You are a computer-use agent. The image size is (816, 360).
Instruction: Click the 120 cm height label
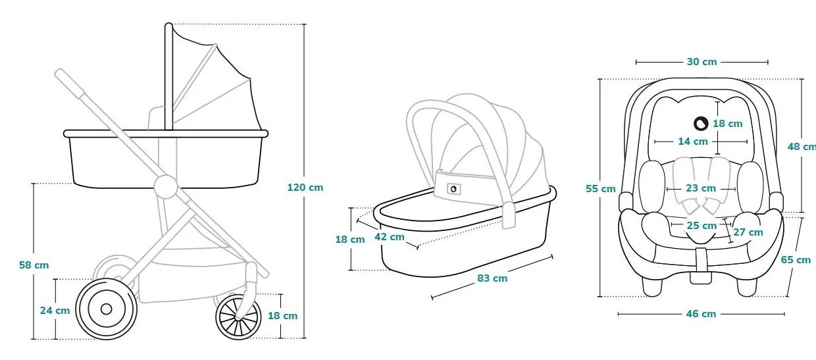[305, 188]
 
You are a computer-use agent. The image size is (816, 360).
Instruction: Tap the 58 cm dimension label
[34, 265]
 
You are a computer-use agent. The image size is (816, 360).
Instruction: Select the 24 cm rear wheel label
[55, 311]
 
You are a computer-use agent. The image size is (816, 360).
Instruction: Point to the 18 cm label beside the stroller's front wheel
[283, 316]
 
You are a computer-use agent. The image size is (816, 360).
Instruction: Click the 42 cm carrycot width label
[390, 237]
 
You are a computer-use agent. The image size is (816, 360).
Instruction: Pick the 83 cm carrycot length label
[492, 278]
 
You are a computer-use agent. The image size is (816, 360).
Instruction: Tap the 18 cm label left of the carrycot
[350, 240]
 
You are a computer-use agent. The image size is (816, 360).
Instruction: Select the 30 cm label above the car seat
[701, 62]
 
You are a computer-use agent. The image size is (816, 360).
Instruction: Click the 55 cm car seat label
[601, 189]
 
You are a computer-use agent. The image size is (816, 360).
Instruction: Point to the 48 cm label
[802, 147]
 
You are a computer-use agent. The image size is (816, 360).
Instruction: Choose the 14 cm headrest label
[693, 141]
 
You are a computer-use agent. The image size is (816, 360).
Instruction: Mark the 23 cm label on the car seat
[701, 188]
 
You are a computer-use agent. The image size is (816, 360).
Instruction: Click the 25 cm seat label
[701, 226]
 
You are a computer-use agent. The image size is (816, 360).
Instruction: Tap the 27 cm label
[748, 232]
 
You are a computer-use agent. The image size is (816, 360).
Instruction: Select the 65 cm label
[796, 260]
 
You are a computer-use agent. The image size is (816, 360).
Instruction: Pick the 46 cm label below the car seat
[701, 314]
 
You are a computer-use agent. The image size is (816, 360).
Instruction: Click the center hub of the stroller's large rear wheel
[106, 309]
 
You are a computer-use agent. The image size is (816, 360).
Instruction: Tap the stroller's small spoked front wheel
[238, 317]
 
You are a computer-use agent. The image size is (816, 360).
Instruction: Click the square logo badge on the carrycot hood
[453, 189]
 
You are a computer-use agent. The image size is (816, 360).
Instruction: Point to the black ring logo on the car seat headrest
[701, 124]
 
